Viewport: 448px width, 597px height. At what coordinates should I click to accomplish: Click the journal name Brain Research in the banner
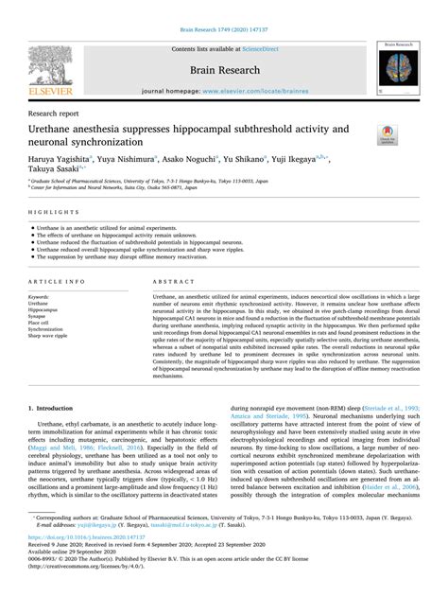[x=223, y=69]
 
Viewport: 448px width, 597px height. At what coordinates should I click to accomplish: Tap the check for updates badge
[x=387, y=134]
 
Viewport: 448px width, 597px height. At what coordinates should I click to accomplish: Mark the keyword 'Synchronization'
[x=50, y=329]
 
